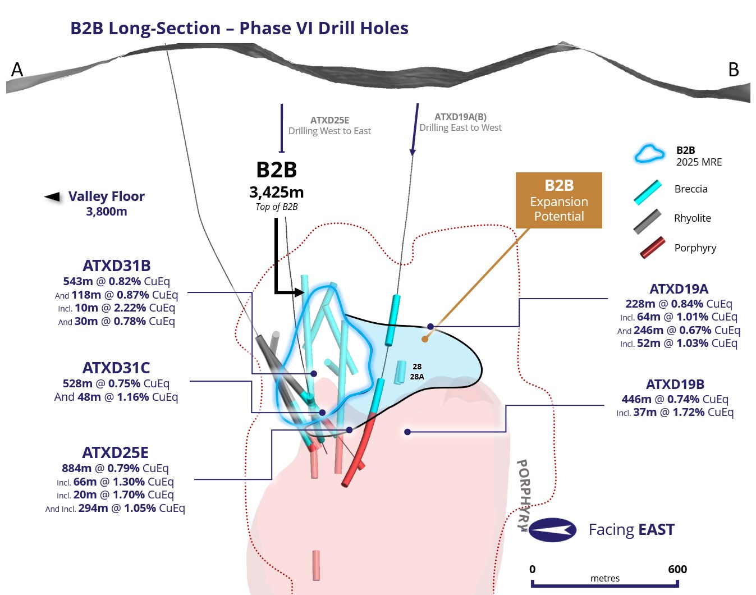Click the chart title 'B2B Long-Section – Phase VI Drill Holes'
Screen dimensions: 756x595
point(239,28)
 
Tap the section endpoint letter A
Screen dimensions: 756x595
point(17,70)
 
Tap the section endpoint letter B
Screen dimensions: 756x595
point(734,70)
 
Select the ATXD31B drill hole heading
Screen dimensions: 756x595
point(117,266)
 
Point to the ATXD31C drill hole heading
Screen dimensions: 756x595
point(116,368)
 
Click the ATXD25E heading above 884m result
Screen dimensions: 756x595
point(115,452)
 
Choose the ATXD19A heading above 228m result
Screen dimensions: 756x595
point(679,289)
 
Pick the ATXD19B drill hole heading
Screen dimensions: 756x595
point(675,384)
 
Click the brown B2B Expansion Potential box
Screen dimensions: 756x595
point(559,200)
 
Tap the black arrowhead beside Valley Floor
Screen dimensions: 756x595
point(52,197)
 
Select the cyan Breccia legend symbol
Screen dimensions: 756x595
point(648,192)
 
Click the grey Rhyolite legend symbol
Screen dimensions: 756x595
point(648,221)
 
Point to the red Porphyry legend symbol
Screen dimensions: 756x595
point(652,248)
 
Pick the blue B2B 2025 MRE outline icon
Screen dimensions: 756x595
point(649,154)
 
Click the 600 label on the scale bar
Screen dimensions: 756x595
point(677,569)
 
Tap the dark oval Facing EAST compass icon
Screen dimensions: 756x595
point(552,530)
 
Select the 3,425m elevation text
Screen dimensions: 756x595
point(277,193)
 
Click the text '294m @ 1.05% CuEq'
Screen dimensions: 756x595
point(131,508)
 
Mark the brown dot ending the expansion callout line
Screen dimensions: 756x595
point(425,339)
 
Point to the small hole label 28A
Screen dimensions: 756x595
point(417,377)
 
